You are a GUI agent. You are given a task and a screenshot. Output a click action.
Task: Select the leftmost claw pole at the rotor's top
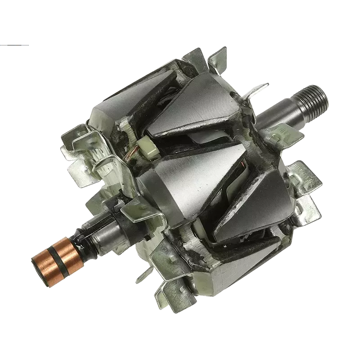coord(112,112)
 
